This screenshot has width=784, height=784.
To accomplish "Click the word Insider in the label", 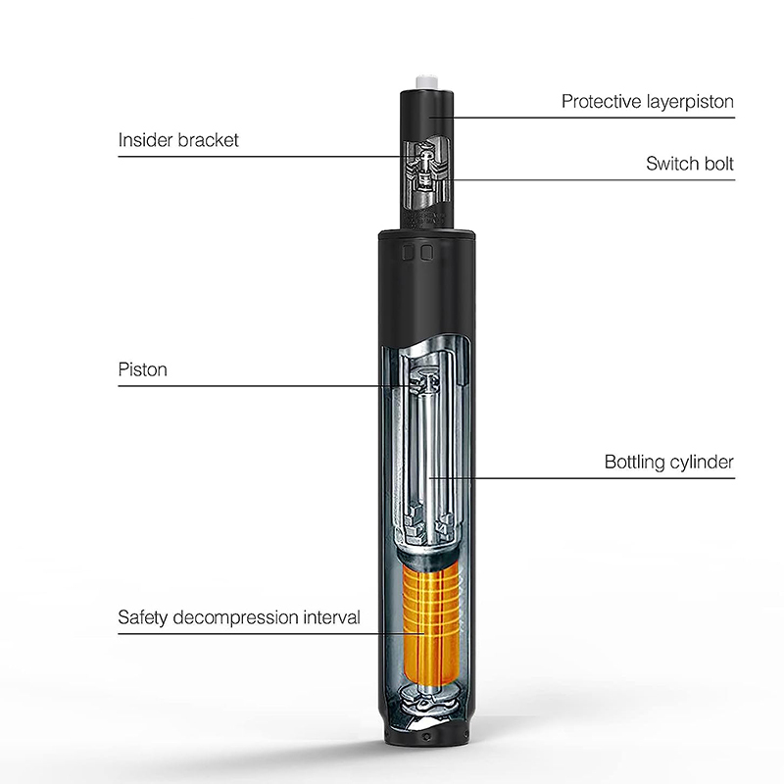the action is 145,140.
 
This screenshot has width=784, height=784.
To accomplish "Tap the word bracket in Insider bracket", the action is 209,140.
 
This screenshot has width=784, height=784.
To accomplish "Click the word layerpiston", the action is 690,102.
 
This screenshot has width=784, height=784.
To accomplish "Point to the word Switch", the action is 669,164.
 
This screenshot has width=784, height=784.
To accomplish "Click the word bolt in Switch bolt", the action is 715,164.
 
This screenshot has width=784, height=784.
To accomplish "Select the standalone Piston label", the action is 142,370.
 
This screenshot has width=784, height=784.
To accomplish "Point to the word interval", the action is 331,617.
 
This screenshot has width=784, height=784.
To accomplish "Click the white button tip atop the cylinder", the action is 426,82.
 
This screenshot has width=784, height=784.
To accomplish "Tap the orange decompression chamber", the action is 430,625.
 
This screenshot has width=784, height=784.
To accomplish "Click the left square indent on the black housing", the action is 408,252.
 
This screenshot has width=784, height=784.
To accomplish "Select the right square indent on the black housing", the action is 426,252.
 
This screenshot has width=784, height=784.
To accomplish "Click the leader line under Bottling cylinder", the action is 582,478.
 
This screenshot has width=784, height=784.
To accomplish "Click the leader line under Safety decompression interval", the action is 271,634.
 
